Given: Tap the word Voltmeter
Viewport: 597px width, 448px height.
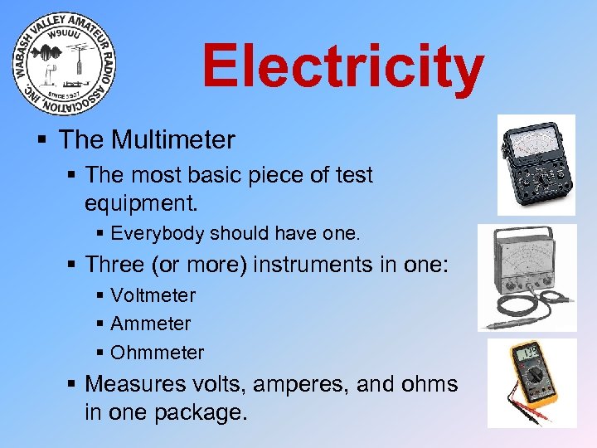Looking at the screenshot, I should [x=153, y=295].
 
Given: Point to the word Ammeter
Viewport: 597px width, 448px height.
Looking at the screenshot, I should [x=150, y=324].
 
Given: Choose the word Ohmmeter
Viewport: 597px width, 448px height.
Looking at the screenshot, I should [x=157, y=353].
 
